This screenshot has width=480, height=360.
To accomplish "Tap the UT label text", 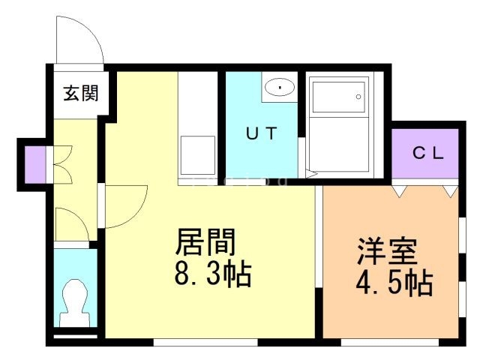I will (262, 135).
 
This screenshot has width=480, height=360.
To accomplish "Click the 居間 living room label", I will (205, 242).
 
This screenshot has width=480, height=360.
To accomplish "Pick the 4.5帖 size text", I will (392, 284).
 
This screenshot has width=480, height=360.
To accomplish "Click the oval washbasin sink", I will (280, 88).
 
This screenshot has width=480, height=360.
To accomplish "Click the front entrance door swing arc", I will (79, 41).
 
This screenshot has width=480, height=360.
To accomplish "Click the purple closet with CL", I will (425, 154).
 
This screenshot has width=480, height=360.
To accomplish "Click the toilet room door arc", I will (71, 223).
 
